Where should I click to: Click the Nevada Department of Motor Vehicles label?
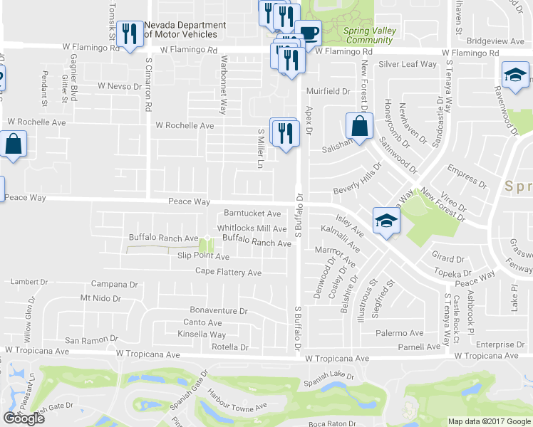[185, 30]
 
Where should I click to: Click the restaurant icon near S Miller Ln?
[284, 132]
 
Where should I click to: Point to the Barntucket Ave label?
[252, 213]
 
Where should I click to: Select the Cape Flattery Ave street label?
[229, 273]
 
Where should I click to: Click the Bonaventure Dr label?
[218, 311]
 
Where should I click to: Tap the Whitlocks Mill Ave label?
[252, 228]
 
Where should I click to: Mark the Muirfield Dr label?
[328, 92]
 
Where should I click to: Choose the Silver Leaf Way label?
[408, 65]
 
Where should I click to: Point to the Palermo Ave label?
[400, 333]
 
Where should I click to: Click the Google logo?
[24, 418]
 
